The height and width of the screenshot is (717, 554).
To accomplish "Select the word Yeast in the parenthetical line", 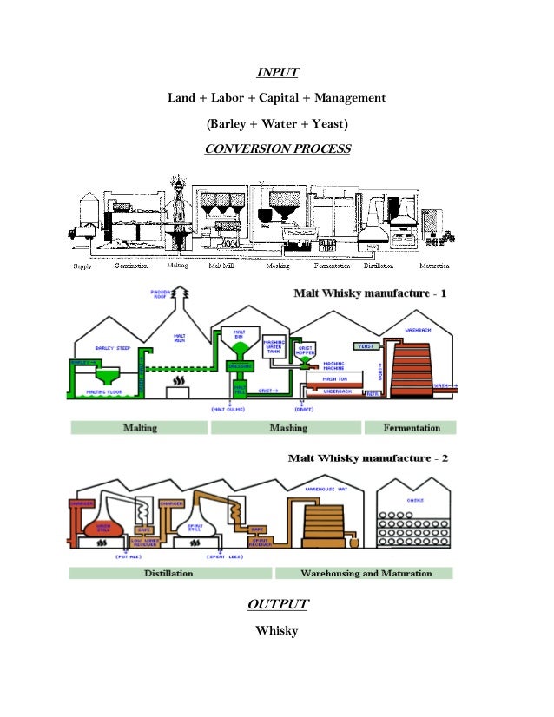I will point(329,123).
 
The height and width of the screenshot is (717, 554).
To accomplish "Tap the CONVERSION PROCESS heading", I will point(277,148).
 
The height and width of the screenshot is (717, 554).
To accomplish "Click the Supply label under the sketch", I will point(82,266).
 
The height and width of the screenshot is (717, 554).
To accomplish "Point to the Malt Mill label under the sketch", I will point(221,266).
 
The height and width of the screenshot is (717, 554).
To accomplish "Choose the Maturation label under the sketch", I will point(433,266).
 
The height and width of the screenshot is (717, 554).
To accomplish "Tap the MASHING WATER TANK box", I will point(274,345).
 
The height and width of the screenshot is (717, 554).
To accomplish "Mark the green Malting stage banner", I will point(139,427).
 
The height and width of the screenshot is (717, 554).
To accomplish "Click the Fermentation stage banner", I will point(409,427).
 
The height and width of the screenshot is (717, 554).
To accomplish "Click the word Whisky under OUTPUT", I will point(276,630).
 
